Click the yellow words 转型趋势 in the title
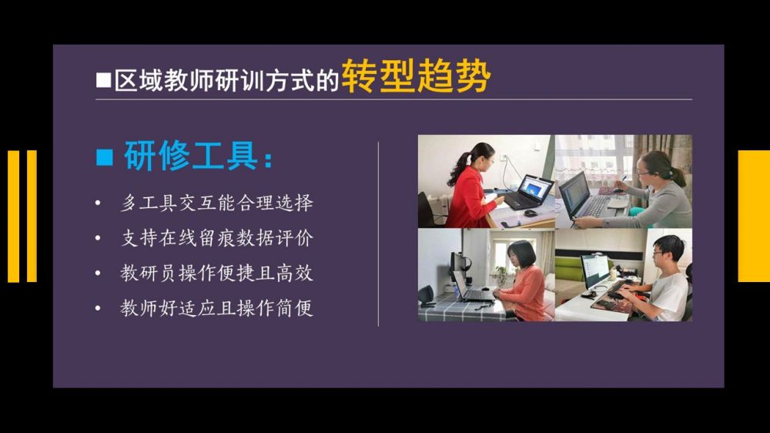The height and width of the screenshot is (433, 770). coord(416,77)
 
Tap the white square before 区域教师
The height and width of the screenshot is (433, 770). coord(103,80)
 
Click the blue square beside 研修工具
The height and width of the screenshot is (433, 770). coord(104,156)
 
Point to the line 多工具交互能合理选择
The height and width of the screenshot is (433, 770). coord(216,203)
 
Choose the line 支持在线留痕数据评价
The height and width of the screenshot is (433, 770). coord(216,238)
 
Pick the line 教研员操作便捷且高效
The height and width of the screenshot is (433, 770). coord(216,274)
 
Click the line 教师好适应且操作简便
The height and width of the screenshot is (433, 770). coord(216,308)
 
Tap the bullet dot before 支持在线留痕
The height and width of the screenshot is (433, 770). coord(98,238)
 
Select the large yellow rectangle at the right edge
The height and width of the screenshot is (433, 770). coord(754,216)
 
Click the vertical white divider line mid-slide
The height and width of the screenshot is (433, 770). coord(378,234)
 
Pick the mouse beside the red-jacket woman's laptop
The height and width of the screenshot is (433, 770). coord(530,213)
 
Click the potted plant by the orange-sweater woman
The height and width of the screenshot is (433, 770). coord(502,275)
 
